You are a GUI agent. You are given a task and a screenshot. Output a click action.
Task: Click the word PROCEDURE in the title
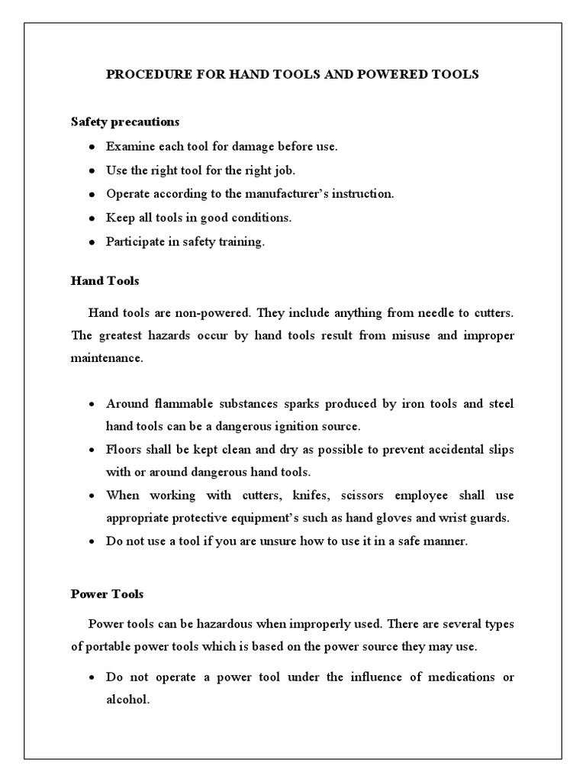click(x=143, y=74)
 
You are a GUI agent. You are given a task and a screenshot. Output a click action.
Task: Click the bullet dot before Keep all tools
click(x=92, y=218)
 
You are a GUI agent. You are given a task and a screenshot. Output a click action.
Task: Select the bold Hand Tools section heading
click(x=105, y=281)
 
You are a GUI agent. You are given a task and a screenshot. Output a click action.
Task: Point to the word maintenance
click(x=107, y=358)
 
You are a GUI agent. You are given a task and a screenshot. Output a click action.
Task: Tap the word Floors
click(x=123, y=450)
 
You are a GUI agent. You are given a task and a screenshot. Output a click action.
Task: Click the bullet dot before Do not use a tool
click(x=92, y=541)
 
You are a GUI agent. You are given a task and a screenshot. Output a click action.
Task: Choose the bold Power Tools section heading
click(x=107, y=593)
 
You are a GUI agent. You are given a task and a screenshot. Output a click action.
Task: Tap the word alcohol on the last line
click(x=126, y=699)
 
